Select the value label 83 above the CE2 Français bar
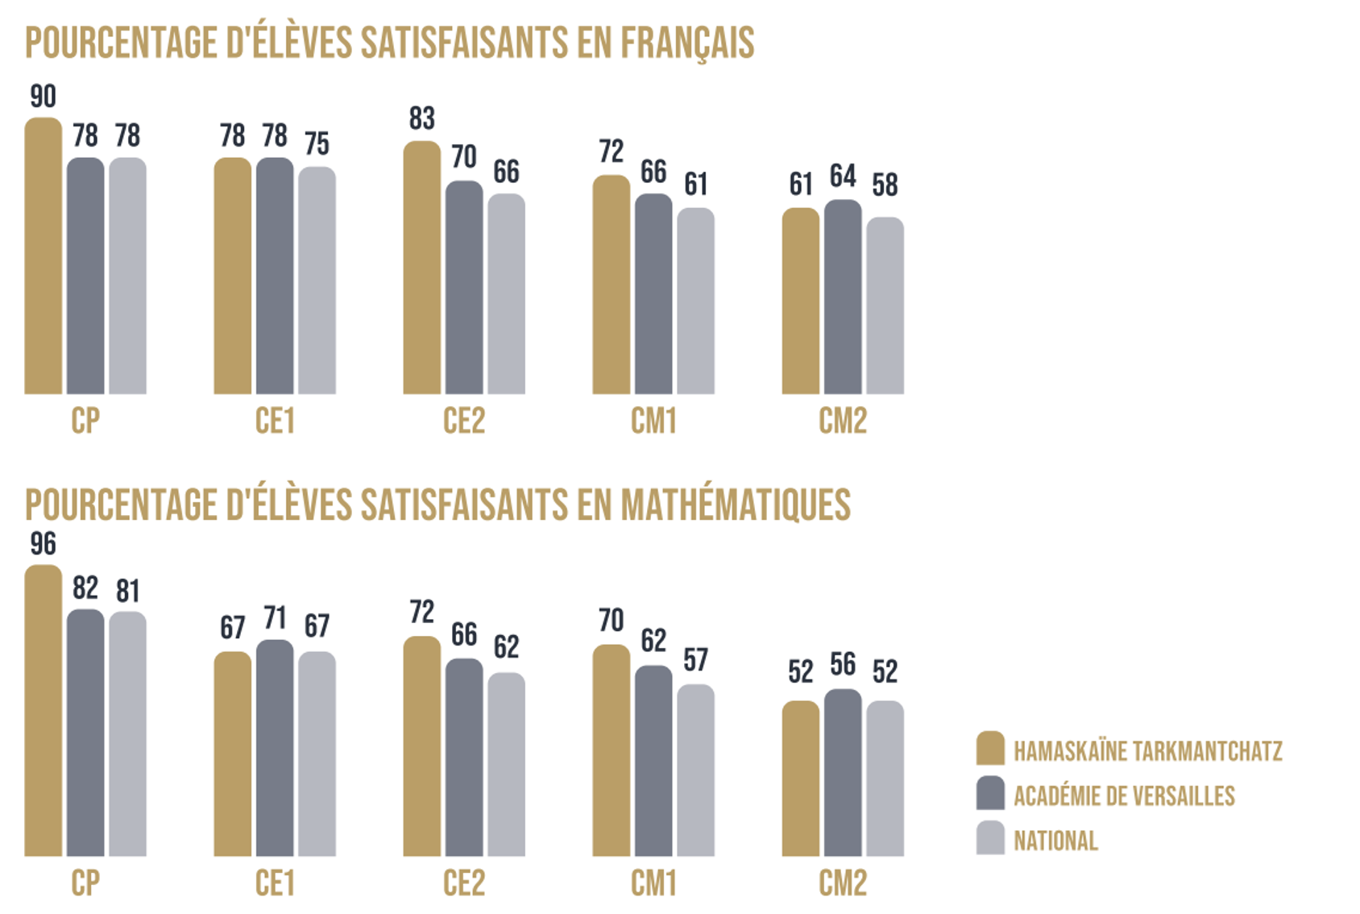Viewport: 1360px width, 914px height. coord(421,118)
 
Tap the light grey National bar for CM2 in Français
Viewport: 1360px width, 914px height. coord(885,305)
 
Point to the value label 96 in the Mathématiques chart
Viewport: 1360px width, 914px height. coord(44,544)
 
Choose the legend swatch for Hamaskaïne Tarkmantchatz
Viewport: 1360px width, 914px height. coord(990,748)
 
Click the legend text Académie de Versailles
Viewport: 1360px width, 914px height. coord(1124,796)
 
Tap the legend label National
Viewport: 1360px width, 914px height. coord(1055,841)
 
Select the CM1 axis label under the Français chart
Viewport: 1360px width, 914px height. coord(653,421)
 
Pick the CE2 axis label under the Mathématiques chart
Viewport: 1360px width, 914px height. coord(464,883)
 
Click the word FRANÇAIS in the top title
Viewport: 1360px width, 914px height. coord(687,43)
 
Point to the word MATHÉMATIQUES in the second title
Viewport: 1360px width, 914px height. coord(735,505)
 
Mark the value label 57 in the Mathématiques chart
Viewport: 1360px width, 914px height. coord(695,660)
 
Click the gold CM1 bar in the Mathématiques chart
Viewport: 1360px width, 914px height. coord(612,750)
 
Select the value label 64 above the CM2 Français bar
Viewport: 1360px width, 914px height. coord(843,176)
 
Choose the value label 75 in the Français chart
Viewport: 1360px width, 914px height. coord(317,143)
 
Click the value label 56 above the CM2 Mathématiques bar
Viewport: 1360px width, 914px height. coord(843,664)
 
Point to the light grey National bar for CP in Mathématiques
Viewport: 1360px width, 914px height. coord(127,733)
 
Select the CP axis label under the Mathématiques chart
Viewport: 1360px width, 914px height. coord(85,883)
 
